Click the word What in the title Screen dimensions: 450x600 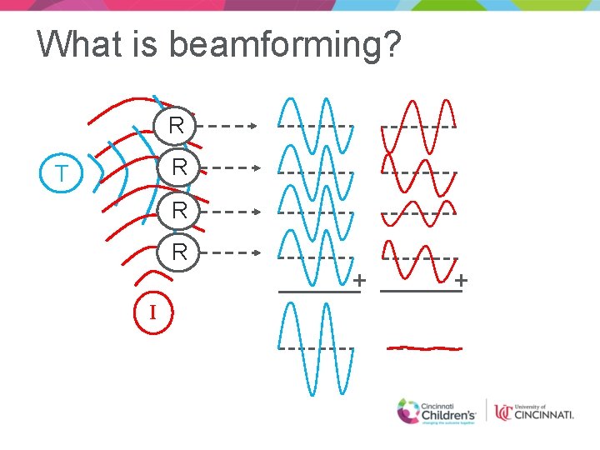click(79, 43)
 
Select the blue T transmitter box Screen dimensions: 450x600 click(61, 174)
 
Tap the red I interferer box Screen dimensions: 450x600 click(152, 313)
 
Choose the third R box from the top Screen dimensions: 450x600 click(177, 210)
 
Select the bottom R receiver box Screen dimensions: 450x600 click(177, 252)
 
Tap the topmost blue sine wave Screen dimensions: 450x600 click(316, 126)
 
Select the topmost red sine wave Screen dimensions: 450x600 click(418, 126)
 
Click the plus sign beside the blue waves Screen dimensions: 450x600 click(359, 281)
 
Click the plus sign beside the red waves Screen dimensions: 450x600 click(461, 281)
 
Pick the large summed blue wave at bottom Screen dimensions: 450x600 click(316, 347)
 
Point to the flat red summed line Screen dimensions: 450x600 click(424, 347)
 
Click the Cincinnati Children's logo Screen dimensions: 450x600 click(437, 412)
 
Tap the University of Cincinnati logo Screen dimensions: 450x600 click(533, 412)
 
